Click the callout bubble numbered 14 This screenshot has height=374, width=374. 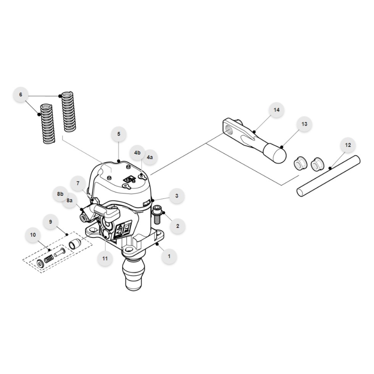[x=276, y=110]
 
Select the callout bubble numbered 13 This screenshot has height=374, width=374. [x=304, y=124]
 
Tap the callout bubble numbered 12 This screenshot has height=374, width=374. [x=348, y=145]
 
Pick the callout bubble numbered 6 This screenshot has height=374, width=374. [x=20, y=95]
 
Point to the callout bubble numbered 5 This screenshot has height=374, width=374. [x=119, y=134]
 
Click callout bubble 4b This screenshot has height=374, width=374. [x=137, y=153]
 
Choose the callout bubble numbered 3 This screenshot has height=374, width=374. [x=177, y=196]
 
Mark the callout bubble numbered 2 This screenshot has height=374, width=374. [x=178, y=226]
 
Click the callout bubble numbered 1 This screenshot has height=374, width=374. [x=169, y=256]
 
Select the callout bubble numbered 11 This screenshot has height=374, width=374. [x=105, y=259]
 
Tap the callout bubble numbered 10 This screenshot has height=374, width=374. [x=33, y=235]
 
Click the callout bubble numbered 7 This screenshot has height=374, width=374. [x=78, y=183]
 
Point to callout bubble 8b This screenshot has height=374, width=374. [x=60, y=194]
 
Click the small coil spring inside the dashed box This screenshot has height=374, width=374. [x=48, y=260]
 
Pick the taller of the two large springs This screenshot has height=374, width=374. [x=69, y=111]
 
